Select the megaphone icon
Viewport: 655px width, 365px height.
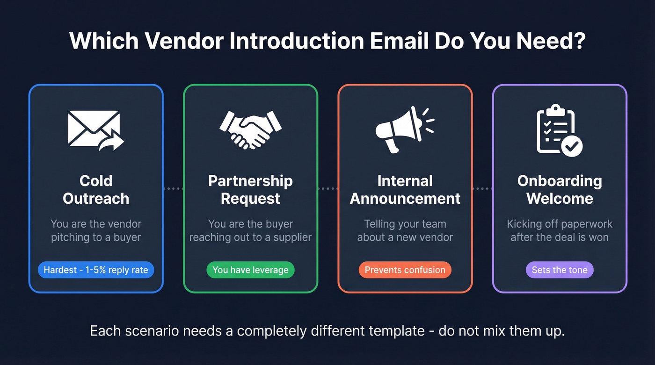pos(403,129)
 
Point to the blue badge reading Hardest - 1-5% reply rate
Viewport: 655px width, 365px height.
pos(96,270)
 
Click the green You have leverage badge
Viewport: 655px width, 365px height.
pos(250,270)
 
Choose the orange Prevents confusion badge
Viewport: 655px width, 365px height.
pos(405,270)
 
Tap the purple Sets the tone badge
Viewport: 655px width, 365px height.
pos(560,270)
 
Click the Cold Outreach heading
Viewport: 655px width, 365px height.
pos(96,189)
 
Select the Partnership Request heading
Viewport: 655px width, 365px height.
pos(250,189)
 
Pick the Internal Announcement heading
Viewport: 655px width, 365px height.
pos(405,189)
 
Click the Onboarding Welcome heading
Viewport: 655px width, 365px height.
pos(560,189)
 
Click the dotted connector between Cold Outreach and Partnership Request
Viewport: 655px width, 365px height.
pos(173,188)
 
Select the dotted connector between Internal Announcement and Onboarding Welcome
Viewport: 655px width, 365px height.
pos(482,188)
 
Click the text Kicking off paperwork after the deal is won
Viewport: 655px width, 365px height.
pos(560,230)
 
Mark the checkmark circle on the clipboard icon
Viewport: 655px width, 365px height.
pos(572,147)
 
